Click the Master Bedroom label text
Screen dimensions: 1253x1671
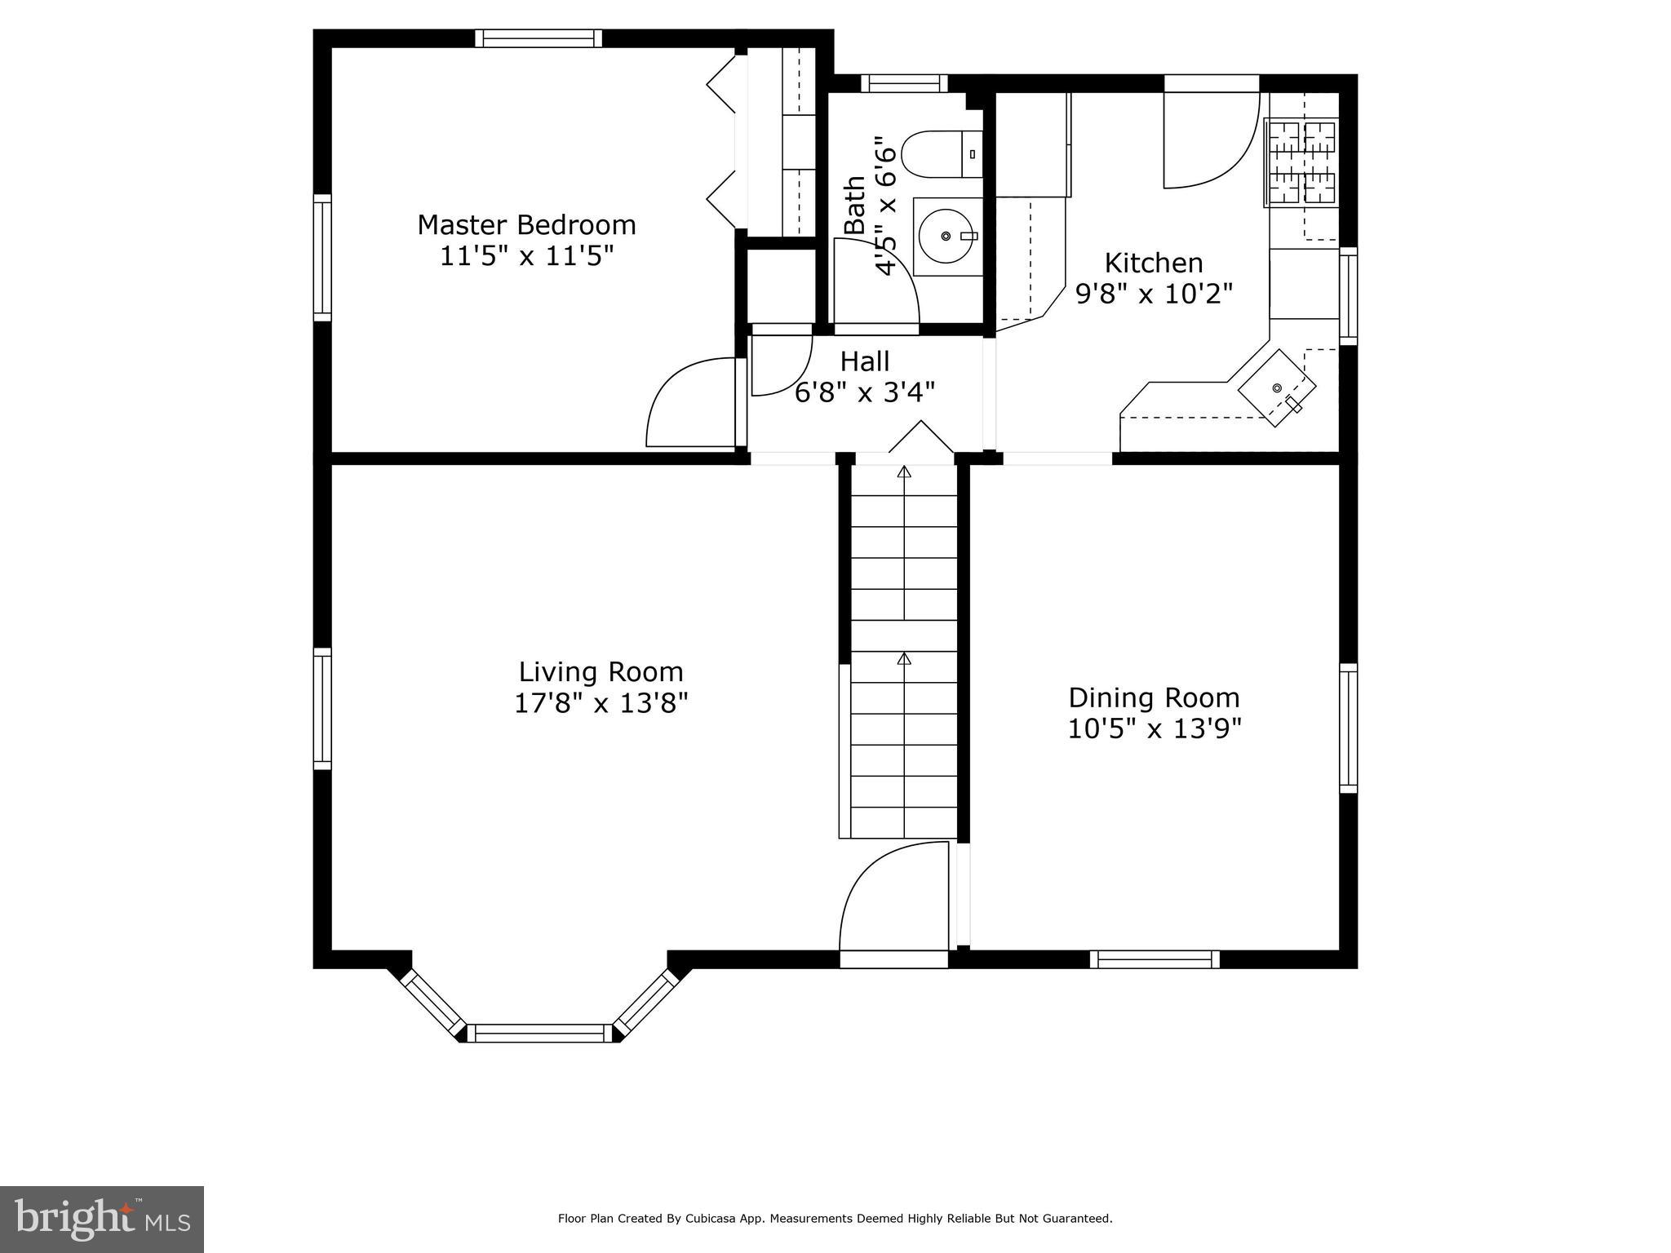point(526,224)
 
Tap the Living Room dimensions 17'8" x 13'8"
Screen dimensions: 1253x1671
point(601,703)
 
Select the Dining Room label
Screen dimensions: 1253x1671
point(1154,697)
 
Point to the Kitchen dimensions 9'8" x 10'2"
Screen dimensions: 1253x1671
point(1154,294)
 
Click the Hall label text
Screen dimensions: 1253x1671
point(865,361)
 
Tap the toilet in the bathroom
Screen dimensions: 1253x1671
point(938,154)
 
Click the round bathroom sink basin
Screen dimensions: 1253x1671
point(946,237)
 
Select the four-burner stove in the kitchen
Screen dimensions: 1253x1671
point(1301,162)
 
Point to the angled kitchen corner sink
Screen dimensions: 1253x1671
point(1277,388)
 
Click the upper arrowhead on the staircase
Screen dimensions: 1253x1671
point(904,472)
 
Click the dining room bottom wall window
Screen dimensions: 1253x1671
point(1155,959)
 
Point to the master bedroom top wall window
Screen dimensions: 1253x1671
point(539,38)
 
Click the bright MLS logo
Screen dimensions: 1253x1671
point(102,1219)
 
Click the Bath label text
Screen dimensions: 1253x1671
point(854,206)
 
